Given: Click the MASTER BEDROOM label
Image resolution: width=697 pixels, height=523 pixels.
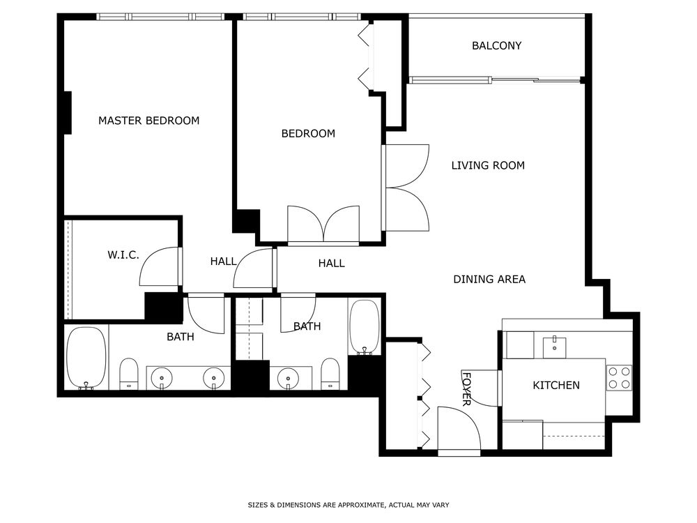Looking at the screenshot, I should coord(148,121).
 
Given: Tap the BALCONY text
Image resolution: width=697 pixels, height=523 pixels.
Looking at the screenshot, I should coord(496,46).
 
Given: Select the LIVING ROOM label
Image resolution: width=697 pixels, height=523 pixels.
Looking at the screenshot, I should coord(488,166).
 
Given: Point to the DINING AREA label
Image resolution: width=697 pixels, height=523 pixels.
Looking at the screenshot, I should coord(489,280).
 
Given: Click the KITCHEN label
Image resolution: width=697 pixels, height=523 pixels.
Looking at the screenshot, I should coord(556,386).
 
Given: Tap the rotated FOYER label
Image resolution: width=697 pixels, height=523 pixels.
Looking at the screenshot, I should coord(466,389).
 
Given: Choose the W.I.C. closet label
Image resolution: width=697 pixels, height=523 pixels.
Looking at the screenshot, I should coord(123,255).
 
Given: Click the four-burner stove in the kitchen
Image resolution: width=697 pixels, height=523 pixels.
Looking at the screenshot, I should coord(618,377).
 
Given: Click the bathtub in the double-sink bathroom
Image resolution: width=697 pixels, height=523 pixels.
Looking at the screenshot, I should coord(86,357).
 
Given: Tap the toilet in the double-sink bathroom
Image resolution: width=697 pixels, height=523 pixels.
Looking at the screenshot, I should coord(129,374).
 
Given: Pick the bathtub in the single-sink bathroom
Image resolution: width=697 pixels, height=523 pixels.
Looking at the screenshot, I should coord(364,326).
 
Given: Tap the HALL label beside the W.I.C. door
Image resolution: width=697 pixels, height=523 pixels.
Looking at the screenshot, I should coord(224,262).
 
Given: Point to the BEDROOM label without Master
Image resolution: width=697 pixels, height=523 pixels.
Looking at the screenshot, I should coord(308,134).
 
